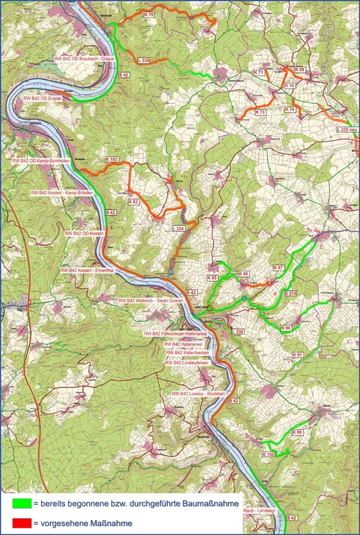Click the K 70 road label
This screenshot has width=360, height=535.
tap(149, 15)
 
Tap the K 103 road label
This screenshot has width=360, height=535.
tap(111, 160)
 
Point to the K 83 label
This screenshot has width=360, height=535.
tap(133, 202)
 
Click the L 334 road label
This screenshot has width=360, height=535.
tap(178, 229)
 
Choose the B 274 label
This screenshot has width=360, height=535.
tap(292, 294)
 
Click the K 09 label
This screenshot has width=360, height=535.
tap(299, 69)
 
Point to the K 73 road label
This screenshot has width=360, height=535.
tap(260, 111)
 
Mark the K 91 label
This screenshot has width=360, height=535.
tap(297, 355)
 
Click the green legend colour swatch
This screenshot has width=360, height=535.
tap(22, 504)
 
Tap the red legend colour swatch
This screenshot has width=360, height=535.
tap(22, 523)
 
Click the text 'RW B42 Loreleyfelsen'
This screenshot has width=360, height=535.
tap(187, 363)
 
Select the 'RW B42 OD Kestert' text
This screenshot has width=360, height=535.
tap(84, 233)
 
